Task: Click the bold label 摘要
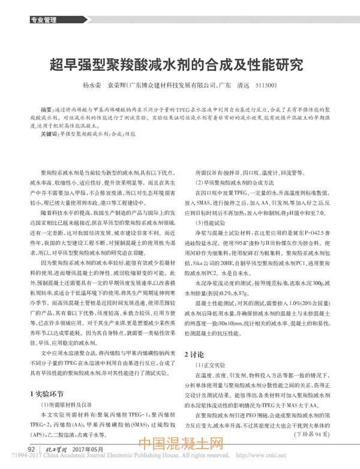click(46, 112)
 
